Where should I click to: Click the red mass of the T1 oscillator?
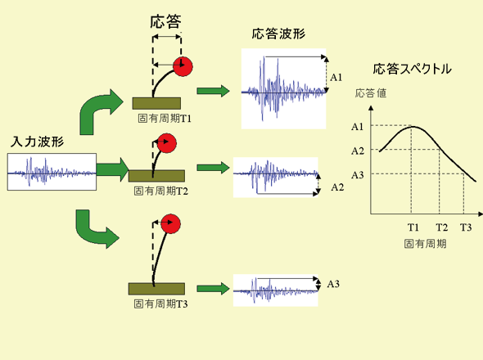click(x=183, y=66)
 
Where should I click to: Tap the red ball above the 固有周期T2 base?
click(x=167, y=143)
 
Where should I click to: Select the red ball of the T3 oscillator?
click(x=170, y=224)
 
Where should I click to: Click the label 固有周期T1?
click(x=165, y=119)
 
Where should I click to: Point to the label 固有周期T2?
click(x=160, y=191)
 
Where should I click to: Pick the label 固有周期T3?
click(x=160, y=304)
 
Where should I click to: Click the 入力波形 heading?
click(x=37, y=142)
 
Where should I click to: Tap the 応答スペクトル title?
click(x=412, y=69)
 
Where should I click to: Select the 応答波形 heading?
click(x=278, y=34)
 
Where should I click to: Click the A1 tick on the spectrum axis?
click(x=357, y=127)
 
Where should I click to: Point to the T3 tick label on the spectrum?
click(x=466, y=227)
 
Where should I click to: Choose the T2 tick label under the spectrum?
click(x=442, y=227)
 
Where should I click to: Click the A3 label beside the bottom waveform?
click(x=333, y=284)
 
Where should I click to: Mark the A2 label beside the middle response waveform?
click(x=337, y=187)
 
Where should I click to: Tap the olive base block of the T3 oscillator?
click(x=156, y=289)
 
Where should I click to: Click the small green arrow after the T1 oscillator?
click(x=213, y=91)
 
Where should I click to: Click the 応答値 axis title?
click(x=371, y=93)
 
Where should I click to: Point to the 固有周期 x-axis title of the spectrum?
click(x=425, y=244)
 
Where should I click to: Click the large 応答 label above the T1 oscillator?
click(x=165, y=22)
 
